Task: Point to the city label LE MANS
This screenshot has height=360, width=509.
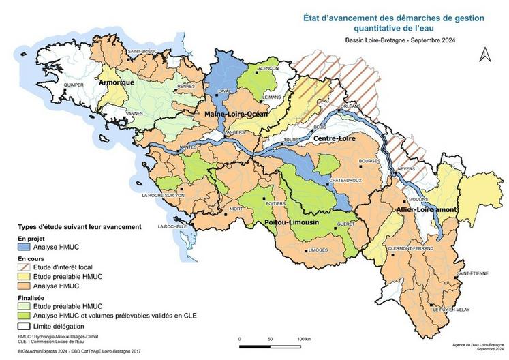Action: [271, 97]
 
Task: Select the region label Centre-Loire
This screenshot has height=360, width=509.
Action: [335, 138]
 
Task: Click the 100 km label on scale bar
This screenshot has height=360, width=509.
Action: [305, 339]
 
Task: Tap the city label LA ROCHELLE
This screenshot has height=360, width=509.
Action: [172, 226]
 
